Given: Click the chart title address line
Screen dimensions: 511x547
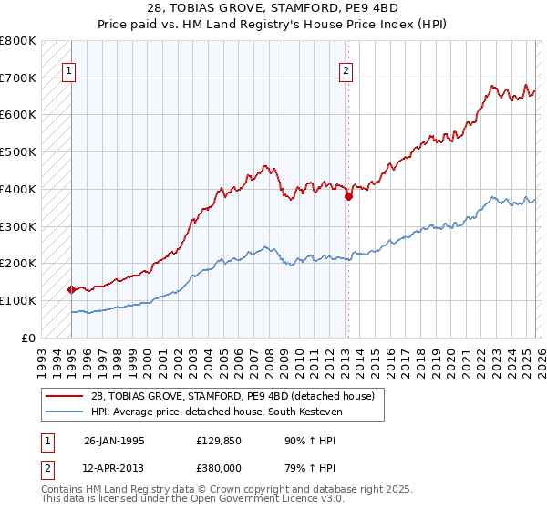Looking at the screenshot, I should [273, 8].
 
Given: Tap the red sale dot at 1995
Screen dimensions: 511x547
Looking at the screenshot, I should [71, 289].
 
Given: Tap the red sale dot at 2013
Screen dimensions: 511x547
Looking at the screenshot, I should [348, 195].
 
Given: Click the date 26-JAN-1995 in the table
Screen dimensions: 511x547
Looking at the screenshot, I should [114, 440].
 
